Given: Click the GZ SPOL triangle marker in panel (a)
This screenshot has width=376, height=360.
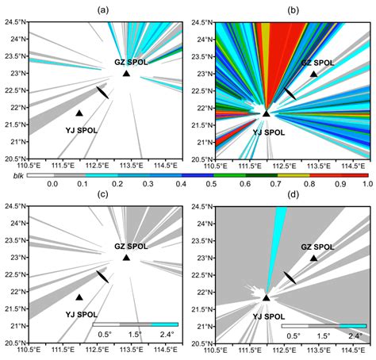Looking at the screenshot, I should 126,74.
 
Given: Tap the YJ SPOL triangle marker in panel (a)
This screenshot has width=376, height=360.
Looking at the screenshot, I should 79,113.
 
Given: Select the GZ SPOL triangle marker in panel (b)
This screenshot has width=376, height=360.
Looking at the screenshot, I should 314,74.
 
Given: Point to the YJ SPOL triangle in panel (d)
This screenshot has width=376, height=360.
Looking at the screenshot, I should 267,297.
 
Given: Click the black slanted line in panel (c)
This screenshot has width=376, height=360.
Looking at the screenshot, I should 102,277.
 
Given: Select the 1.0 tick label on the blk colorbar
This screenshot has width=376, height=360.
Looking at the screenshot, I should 366,184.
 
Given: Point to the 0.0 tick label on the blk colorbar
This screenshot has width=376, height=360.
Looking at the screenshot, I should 53,184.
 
